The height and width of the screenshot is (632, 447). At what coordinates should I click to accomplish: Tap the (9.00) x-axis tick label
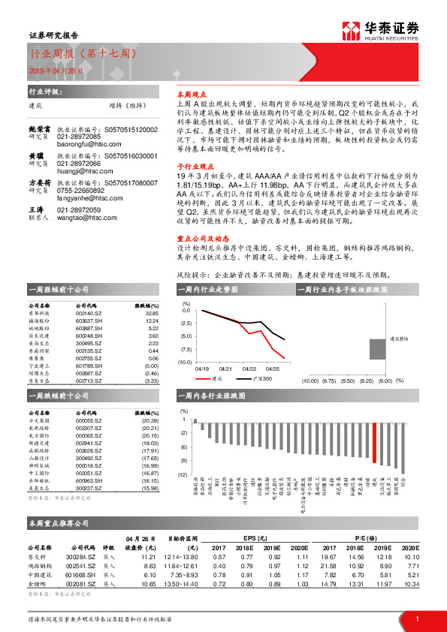coord(385,381)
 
